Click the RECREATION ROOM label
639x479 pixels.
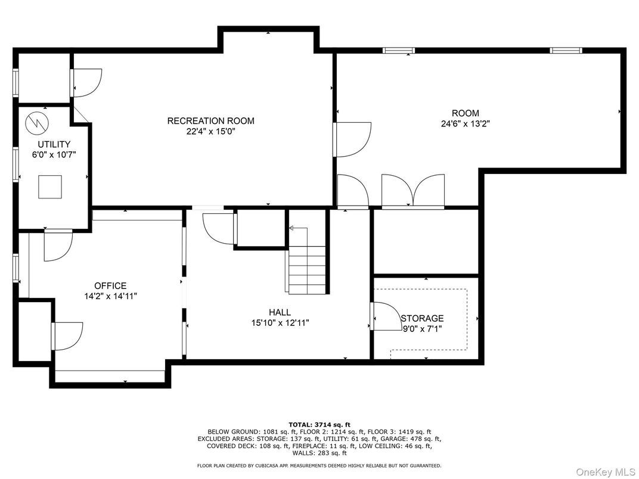tap(210, 121)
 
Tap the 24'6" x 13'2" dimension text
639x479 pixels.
tap(465, 124)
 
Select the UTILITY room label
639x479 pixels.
tap(54, 144)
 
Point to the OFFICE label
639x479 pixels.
tap(110, 286)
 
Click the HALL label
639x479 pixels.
tap(280, 312)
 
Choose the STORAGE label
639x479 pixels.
tap(422, 319)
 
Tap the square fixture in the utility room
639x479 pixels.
tap(50, 187)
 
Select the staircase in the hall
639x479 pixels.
tap(307, 261)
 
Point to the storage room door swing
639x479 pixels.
tap(386, 316)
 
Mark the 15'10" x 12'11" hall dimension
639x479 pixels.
tap(280, 323)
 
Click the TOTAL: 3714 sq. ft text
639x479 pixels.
tap(319, 425)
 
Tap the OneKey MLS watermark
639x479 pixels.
tap(605, 472)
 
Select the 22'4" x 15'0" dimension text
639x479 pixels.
tap(210, 132)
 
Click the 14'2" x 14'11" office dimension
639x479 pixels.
tap(110, 297)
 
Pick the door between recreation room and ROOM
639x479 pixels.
tap(352, 139)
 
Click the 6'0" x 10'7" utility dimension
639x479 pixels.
tap(54, 155)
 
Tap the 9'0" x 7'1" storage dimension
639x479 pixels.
tap(422, 329)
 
